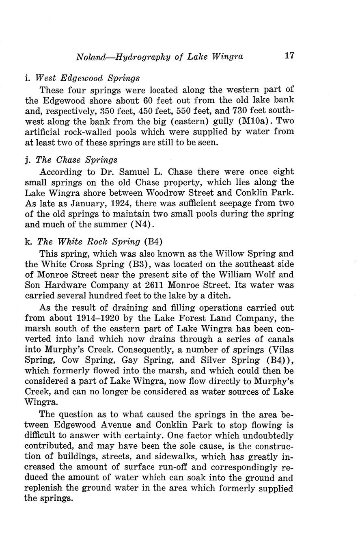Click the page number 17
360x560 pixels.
click(289, 56)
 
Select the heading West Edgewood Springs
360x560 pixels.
click(87, 78)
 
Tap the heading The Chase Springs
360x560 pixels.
click(77, 160)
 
